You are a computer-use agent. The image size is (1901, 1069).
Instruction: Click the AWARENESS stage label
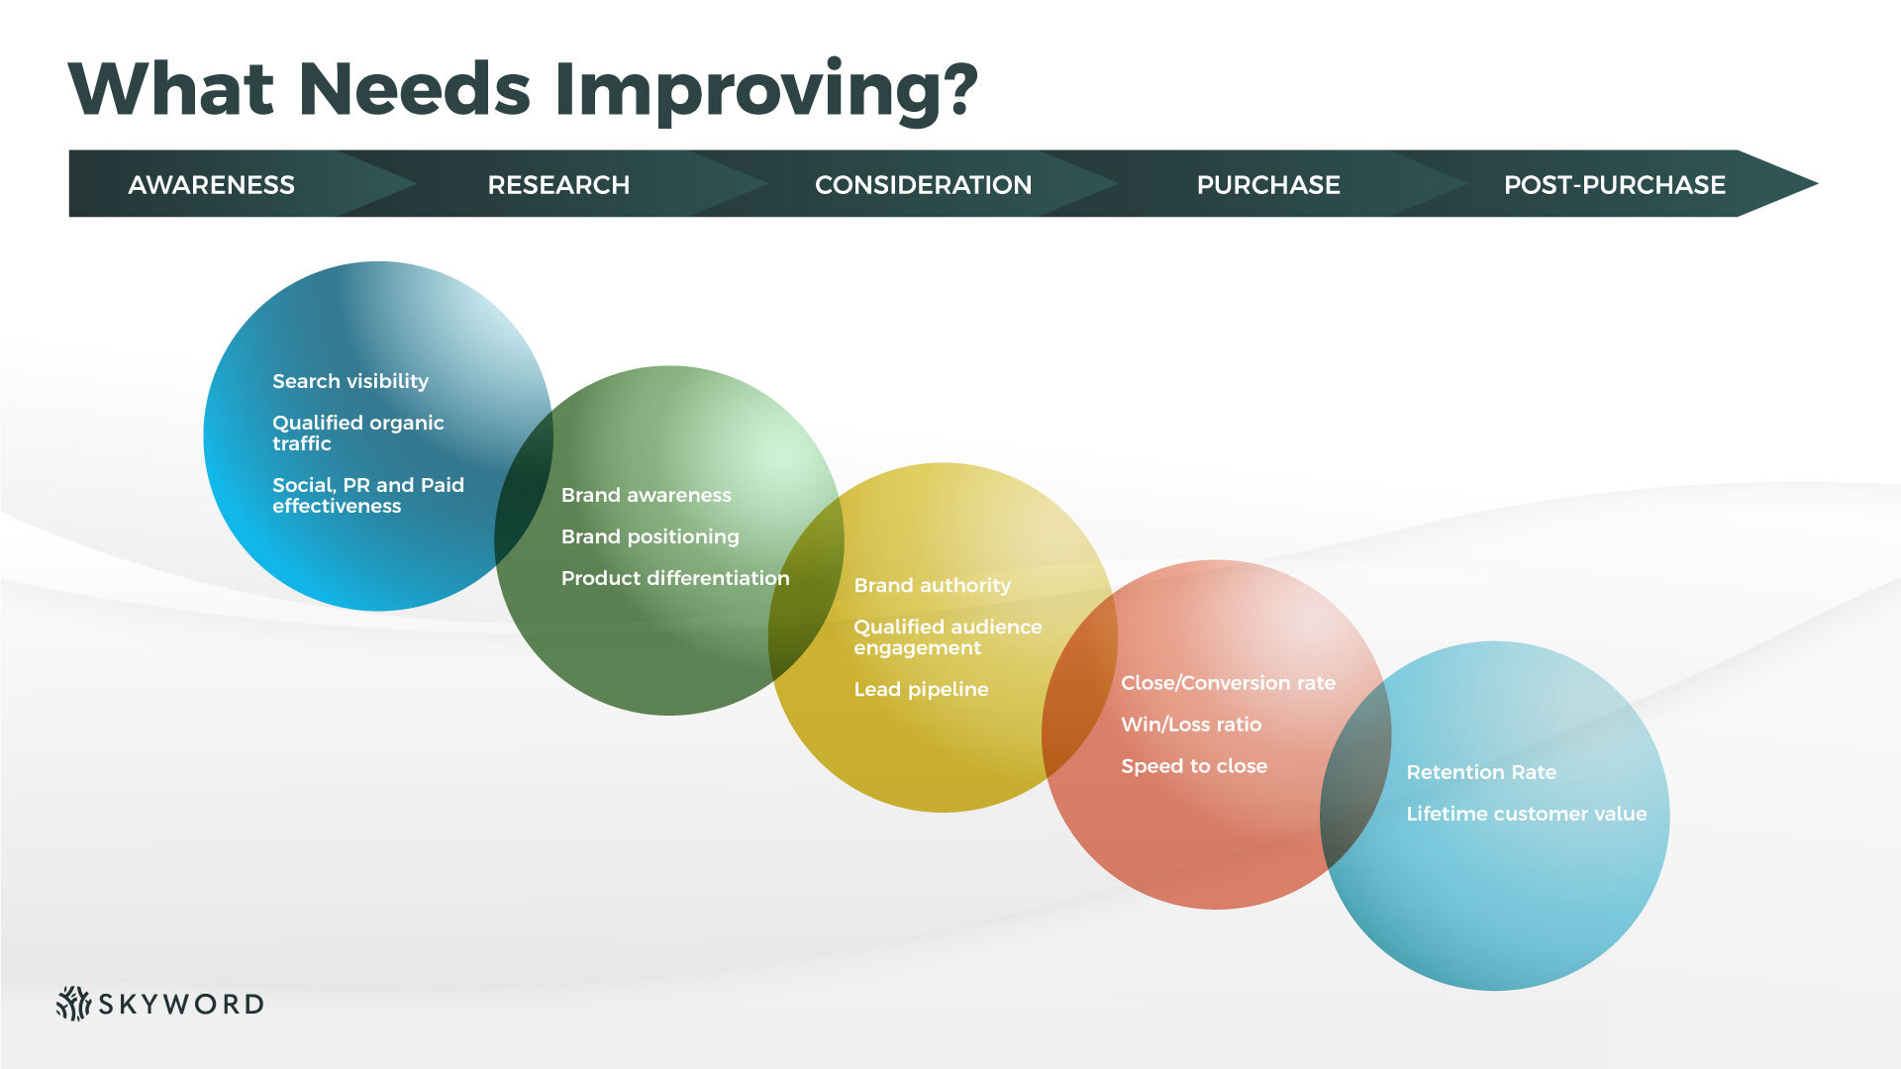coord(211,185)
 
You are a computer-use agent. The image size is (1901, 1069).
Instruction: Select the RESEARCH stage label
coord(558,185)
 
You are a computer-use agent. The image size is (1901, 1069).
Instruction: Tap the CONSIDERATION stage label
coord(923,185)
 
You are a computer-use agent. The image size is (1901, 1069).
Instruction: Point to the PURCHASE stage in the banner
coord(1268,185)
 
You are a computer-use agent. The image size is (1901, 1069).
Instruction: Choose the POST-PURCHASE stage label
coord(1614,185)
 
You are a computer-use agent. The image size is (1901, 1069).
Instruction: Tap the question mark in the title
coord(954,88)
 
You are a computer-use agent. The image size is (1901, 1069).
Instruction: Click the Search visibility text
coord(350,381)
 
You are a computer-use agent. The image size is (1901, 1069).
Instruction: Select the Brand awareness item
coord(646,495)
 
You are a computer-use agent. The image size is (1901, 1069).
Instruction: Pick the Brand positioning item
coord(650,536)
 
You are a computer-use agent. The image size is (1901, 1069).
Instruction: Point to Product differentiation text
coord(675,578)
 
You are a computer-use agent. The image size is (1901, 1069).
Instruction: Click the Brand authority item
coord(932,585)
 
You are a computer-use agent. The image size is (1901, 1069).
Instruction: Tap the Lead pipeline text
coord(921,689)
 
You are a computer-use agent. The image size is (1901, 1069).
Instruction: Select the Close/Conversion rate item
coord(1228,683)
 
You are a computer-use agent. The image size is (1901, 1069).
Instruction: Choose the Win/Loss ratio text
coord(1191,725)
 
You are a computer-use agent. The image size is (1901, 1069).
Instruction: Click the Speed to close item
coord(1194,766)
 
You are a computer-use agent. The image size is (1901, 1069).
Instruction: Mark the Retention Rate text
coord(1481,772)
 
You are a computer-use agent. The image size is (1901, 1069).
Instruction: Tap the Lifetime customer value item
coord(1526,814)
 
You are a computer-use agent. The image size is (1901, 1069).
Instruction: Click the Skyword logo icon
coord(73,1003)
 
